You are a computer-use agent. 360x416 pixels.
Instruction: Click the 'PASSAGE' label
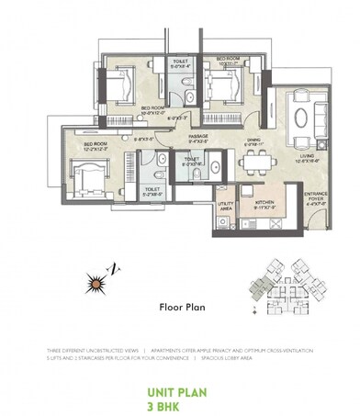tap(198, 138)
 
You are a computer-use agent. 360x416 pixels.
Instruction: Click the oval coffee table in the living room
tap(303, 116)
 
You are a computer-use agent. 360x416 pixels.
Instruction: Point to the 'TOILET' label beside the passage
tap(191, 158)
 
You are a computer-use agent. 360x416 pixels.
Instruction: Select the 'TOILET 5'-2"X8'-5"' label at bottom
tap(152, 192)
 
